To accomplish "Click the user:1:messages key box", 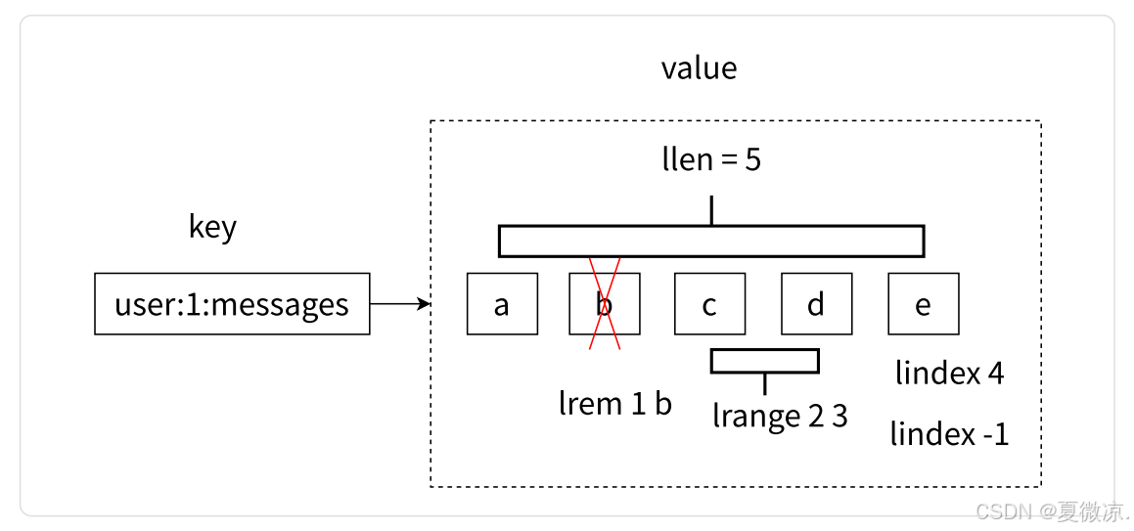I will tap(232, 304).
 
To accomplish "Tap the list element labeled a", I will tap(502, 304).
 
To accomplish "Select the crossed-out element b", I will tap(605, 304).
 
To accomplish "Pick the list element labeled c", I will tap(709, 304).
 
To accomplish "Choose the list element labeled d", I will tap(816, 304).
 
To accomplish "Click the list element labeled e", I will tap(923, 304).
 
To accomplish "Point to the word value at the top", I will tap(699, 68).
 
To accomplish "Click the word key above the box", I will tap(212, 227).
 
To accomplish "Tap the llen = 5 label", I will tap(711, 159).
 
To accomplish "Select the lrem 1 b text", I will tap(615, 403).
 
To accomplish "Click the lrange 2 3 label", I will tap(780, 416).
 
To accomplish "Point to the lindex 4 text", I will tap(949, 373).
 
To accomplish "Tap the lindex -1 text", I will tap(949, 433).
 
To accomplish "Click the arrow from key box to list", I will tap(400, 304).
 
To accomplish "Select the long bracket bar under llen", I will tap(711, 241).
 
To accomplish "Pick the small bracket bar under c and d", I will tap(764, 361).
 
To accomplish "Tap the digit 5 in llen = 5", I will tap(752, 159).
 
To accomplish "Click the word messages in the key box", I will tap(279, 304).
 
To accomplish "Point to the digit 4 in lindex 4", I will tap(995, 373).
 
